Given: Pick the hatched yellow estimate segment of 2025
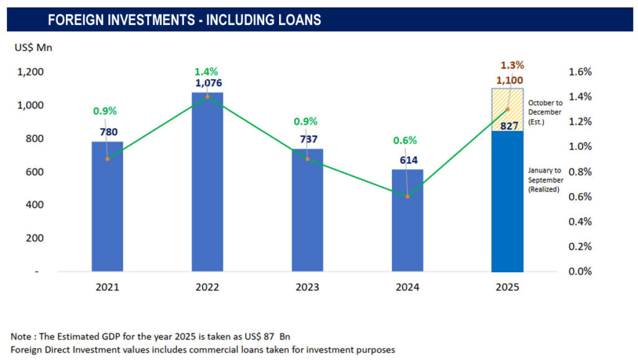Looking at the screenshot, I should click(x=507, y=110).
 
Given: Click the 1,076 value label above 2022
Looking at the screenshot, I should click(x=207, y=83).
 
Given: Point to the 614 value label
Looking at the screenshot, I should click(x=407, y=160).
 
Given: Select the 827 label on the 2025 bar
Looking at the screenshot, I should click(x=508, y=126).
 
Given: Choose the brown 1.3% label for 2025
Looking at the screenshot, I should click(x=512, y=65).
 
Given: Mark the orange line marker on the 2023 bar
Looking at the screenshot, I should click(x=308, y=159).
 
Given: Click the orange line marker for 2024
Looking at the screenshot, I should click(x=407, y=196).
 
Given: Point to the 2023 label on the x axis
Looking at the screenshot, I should click(x=307, y=287).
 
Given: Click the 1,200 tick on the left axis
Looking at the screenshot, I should click(x=31, y=72).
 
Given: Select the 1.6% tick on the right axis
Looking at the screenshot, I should click(x=580, y=72).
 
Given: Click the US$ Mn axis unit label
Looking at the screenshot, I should click(x=34, y=47).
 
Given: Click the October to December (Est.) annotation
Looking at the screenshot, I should click(x=545, y=112).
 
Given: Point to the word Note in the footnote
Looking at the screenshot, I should click(x=21, y=337).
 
